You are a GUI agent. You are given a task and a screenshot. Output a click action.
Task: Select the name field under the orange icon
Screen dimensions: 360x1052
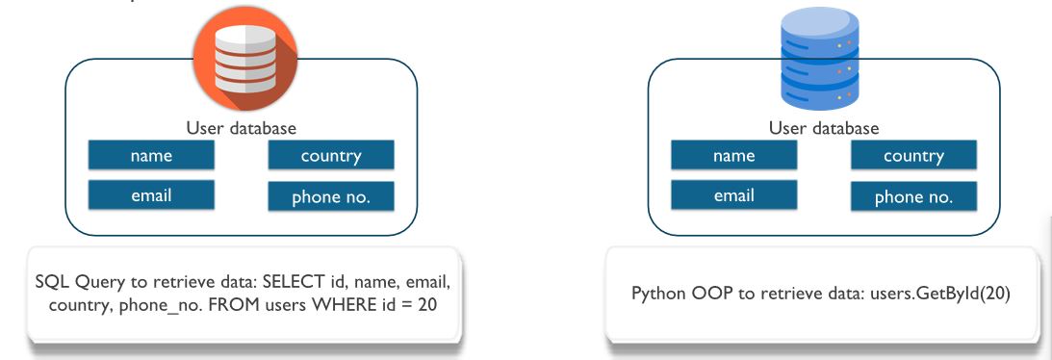pyautogui.click(x=151, y=156)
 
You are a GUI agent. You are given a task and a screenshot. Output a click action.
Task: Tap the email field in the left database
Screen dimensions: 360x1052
pyautogui.click(x=151, y=195)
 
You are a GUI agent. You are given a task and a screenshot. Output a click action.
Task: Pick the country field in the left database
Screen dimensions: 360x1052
pyautogui.click(x=330, y=156)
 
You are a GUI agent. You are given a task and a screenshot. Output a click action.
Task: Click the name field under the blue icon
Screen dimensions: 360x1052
pyautogui.click(x=733, y=156)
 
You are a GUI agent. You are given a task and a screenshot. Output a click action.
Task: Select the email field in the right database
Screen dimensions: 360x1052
pyautogui.click(x=733, y=195)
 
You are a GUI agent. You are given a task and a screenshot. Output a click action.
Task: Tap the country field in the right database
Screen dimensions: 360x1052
pyautogui.click(x=913, y=156)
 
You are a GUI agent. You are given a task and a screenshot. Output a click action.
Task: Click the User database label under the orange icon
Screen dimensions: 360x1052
pyautogui.click(x=241, y=128)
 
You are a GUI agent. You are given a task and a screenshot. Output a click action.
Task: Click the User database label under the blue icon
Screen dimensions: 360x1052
pyautogui.click(x=824, y=128)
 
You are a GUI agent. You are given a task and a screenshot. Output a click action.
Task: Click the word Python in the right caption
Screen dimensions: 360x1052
pyautogui.click(x=655, y=294)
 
